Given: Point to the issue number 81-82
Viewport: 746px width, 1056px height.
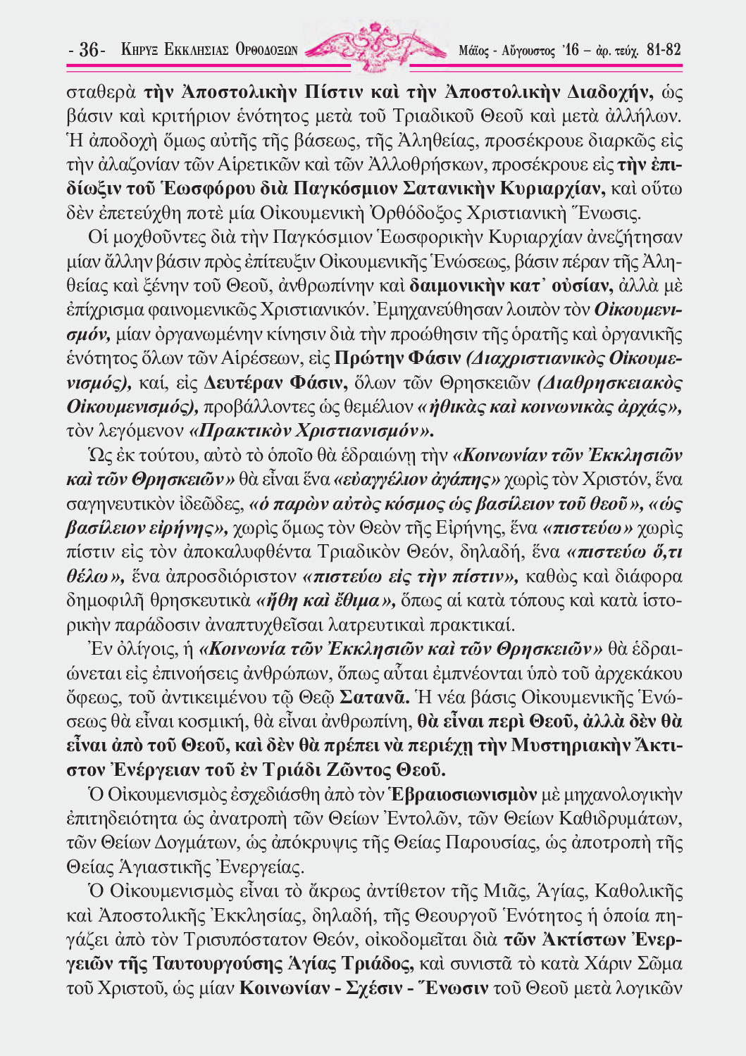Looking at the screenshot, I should (x=663, y=50).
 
